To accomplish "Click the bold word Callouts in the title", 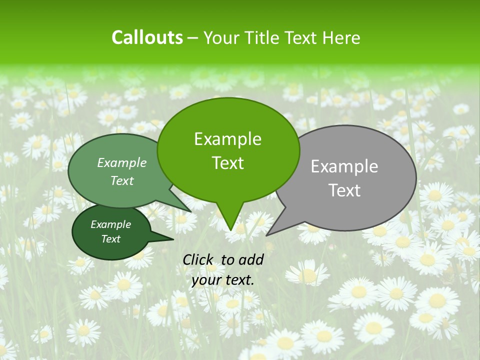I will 147,37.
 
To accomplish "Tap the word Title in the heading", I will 264,37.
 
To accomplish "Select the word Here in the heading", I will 342,37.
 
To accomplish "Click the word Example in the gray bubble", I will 344,166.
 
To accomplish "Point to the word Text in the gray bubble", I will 344,190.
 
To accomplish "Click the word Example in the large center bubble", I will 227,139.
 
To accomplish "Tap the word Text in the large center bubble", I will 227,163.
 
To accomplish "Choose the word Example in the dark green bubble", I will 110,224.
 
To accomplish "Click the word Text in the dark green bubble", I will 110,239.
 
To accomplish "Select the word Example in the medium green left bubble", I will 122,162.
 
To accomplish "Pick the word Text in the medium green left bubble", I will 122,180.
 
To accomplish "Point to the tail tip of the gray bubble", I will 266,235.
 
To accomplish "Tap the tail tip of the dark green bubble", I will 173,239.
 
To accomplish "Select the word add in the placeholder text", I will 251,259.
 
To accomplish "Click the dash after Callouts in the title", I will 193,38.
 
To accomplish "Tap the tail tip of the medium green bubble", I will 191,211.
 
